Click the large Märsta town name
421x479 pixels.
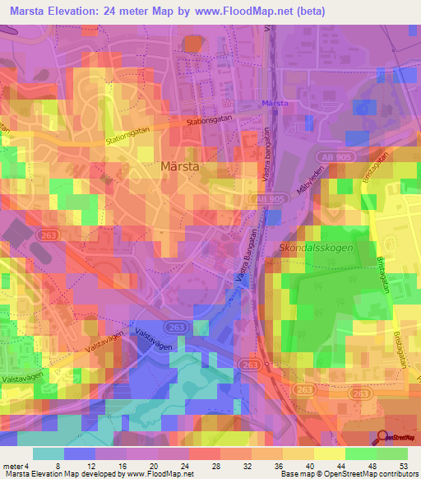(181, 165)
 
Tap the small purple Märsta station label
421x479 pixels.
(274, 103)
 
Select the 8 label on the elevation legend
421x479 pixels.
(58, 465)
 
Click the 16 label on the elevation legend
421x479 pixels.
(121, 465)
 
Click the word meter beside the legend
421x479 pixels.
(14, 465)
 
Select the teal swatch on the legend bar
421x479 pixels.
(49, 453)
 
